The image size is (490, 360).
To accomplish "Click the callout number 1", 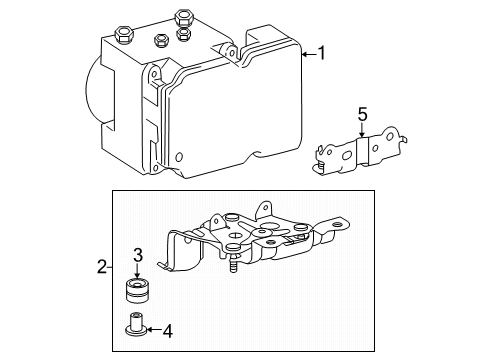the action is [x=321, y=53].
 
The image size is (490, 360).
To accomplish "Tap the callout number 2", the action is [x=102, y=267].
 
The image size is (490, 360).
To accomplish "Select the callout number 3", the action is [x=138, y=255].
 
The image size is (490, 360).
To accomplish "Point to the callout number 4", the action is [x=168, y=331].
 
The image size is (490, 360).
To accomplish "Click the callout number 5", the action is [x=362, y=114].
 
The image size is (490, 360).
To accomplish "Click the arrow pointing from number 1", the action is [x=309, y=54].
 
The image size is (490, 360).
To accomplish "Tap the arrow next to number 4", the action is [x=154, y=330].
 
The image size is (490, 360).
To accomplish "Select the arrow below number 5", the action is [x=362, y=130].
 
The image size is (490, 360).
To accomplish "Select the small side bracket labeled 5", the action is [x=361, y=152].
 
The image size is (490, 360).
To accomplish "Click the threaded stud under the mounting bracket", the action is [x=234, y=263].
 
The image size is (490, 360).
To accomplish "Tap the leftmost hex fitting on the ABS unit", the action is [x=124, y=35].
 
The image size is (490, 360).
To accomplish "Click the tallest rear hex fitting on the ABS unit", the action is [x=183, y=18].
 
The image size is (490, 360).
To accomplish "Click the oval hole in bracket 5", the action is [x=348, y=155].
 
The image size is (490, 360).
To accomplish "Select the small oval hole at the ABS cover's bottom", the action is [x=179, y=157].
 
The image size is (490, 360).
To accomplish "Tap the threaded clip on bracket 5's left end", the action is [x=322, y=165].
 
